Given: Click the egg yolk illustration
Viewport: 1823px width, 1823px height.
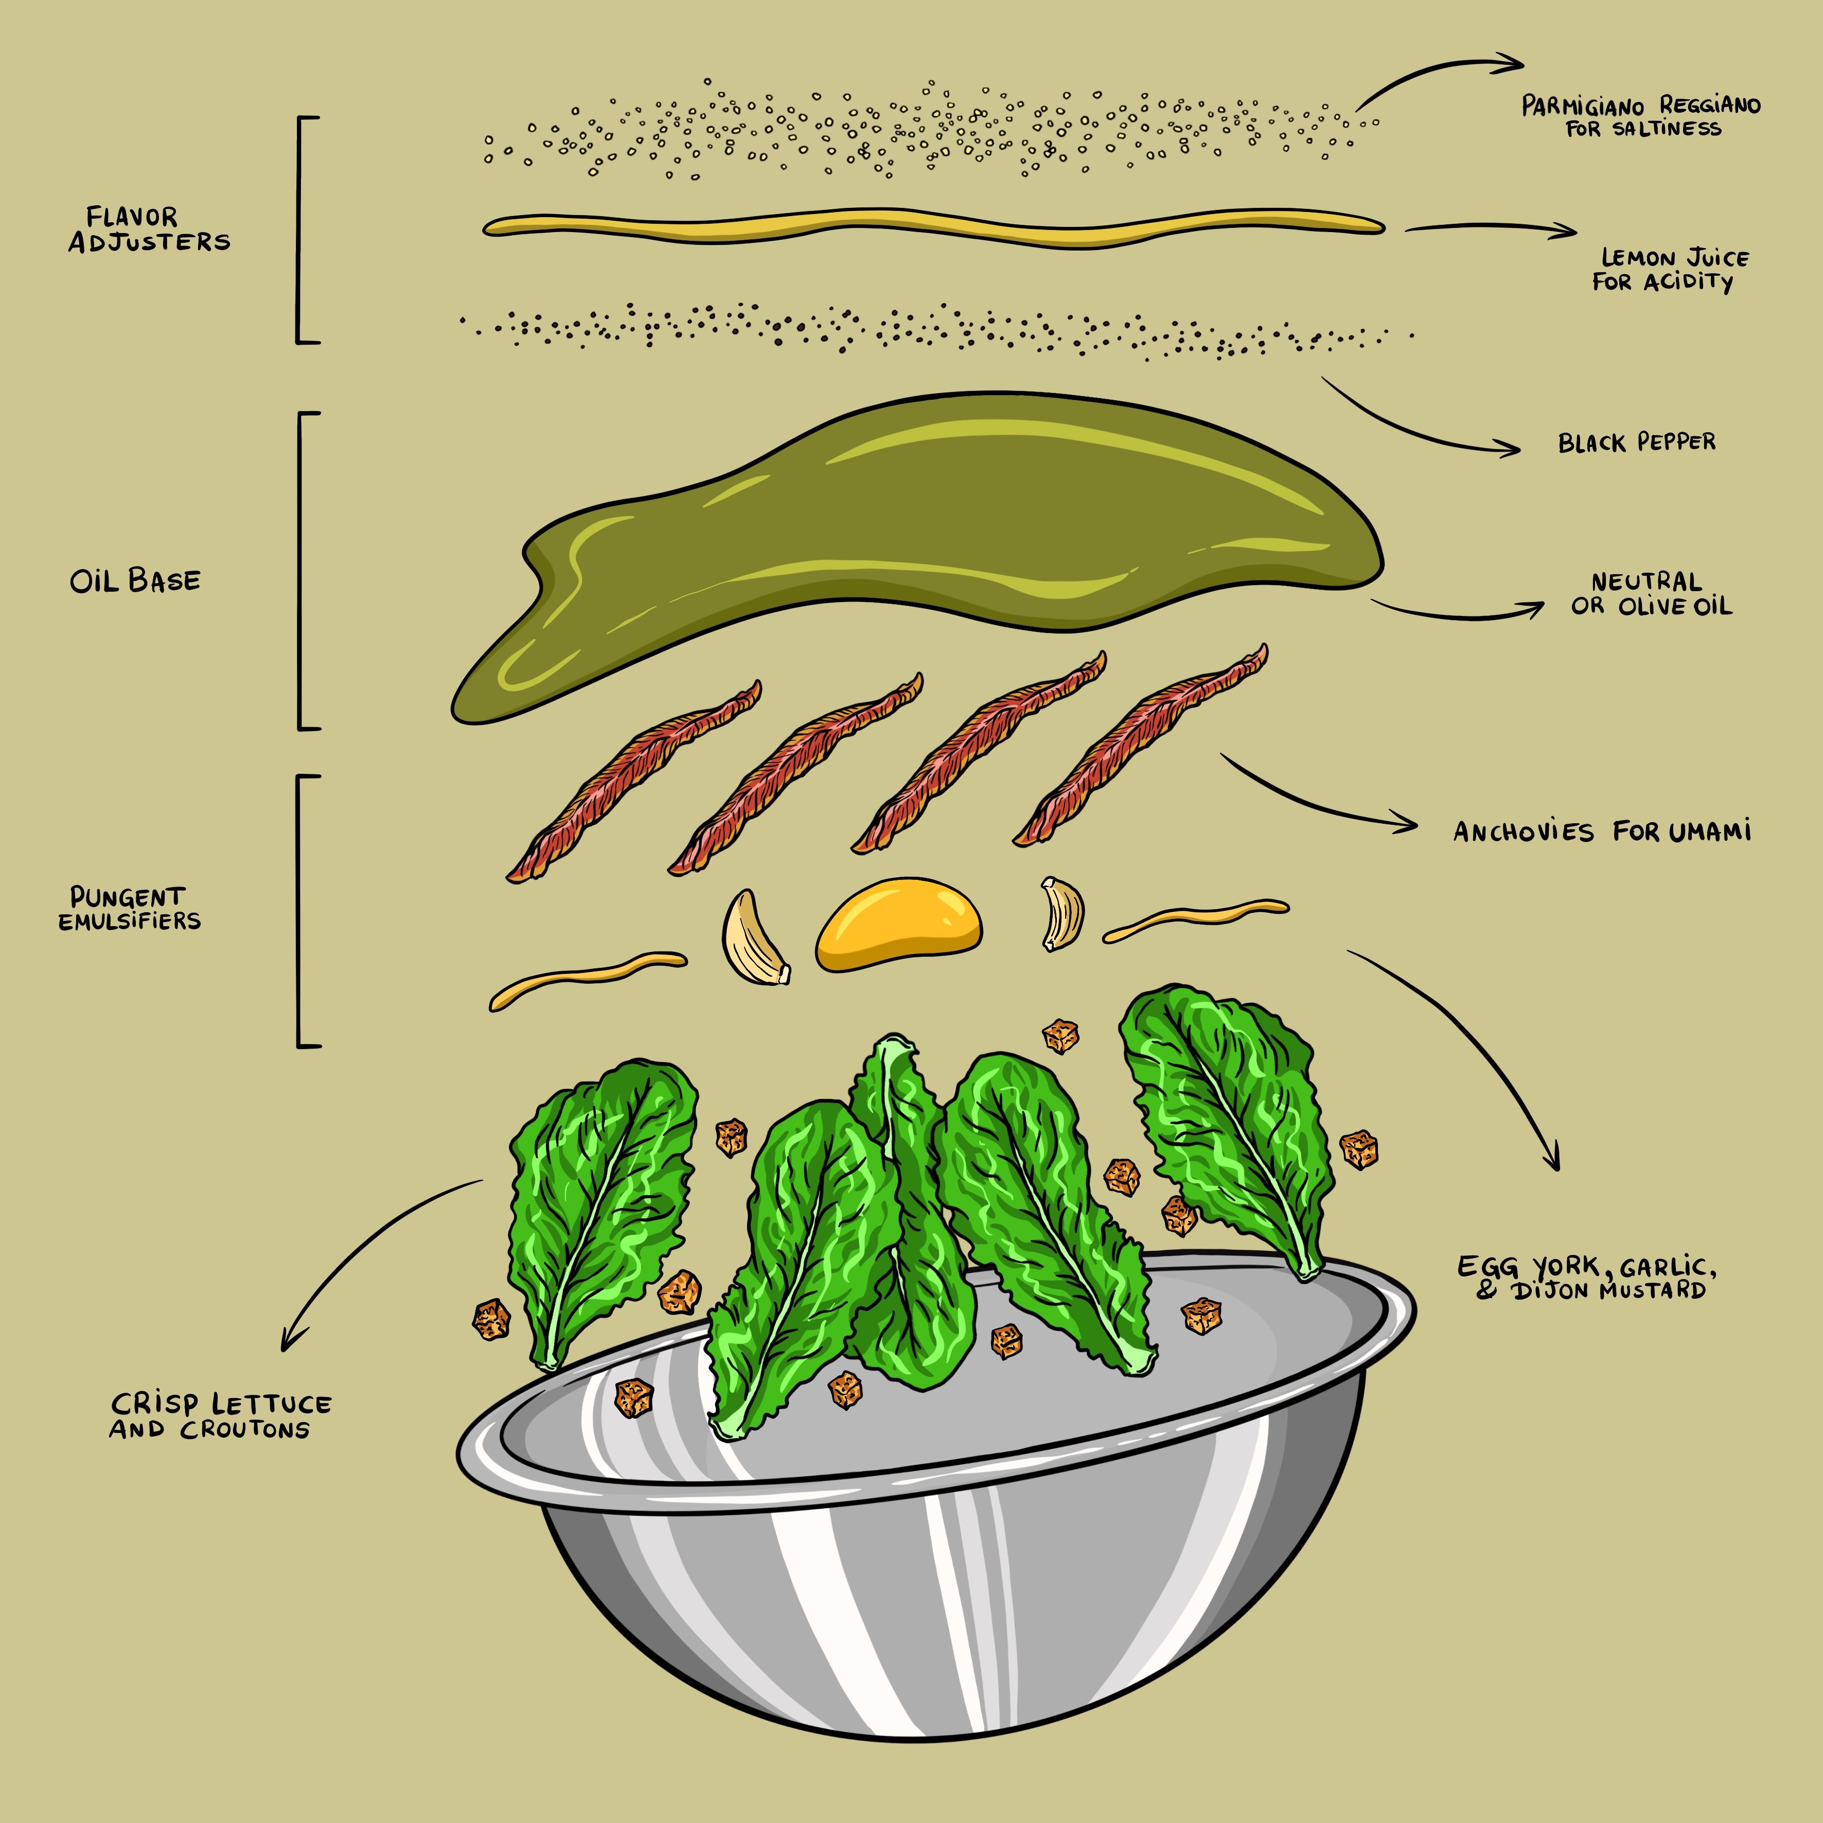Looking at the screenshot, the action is point(898,925).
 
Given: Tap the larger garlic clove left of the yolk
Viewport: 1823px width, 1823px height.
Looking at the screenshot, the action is point(752,939).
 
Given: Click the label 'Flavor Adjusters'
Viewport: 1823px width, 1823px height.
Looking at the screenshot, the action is point(149,229).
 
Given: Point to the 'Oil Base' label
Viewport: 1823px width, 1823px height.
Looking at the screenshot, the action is point(135,580).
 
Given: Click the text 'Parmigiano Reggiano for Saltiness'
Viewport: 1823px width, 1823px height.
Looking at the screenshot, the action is point(1642,116).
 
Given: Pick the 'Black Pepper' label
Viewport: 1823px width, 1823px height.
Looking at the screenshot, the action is point(1637,441).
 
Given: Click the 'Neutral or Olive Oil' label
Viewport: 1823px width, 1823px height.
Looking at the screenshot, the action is point(1651,593).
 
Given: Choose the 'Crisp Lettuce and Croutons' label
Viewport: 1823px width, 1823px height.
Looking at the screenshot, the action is point(220,1415).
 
